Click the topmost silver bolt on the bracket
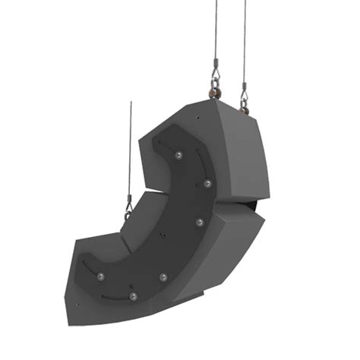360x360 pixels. click(178, 155)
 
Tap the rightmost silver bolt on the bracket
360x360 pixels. click(207, 184)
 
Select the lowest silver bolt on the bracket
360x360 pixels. click(132, 295)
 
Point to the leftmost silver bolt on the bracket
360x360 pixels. click(99, 275)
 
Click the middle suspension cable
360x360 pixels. click(216, 30)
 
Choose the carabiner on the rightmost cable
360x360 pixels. click(245, 97)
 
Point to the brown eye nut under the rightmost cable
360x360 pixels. click(245, 110)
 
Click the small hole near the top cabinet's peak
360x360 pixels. click(196, 119)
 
